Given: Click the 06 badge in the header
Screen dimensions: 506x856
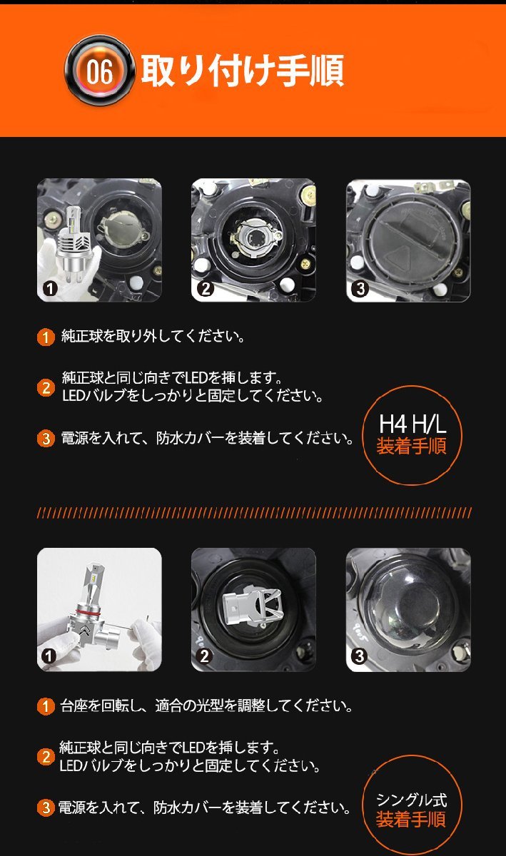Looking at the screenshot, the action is coord(99,71).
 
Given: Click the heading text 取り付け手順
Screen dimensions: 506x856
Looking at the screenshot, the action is coord(243,71).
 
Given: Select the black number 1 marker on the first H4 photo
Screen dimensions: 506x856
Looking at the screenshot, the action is coord(50,289).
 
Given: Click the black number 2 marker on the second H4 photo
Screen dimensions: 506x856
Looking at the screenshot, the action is coord(206,289).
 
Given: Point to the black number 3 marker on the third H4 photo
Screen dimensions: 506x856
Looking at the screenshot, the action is coord(360,289).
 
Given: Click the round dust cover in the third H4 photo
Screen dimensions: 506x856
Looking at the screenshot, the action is coord(408,242).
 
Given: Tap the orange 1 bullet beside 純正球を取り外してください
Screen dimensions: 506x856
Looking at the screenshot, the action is coord(46,337).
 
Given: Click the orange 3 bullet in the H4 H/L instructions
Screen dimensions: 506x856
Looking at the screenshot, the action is coord(46,438).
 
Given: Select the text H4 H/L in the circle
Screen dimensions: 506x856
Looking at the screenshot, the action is coord(413,424).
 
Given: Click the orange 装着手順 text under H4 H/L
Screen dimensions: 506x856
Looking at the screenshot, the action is coord(412,446).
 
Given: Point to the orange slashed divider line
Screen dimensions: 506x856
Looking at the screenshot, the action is coord(254,513).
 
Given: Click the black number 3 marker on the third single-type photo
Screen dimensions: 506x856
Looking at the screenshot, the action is coord(359,656).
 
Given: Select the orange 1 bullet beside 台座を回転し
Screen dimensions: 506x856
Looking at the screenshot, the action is coord(46,705).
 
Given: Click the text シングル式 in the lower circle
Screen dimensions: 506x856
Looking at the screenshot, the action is coord(412,800).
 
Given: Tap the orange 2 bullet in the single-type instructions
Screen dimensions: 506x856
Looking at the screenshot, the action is coord(46,757).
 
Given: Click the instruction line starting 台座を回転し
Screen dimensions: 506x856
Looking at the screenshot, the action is coord(206,705).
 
